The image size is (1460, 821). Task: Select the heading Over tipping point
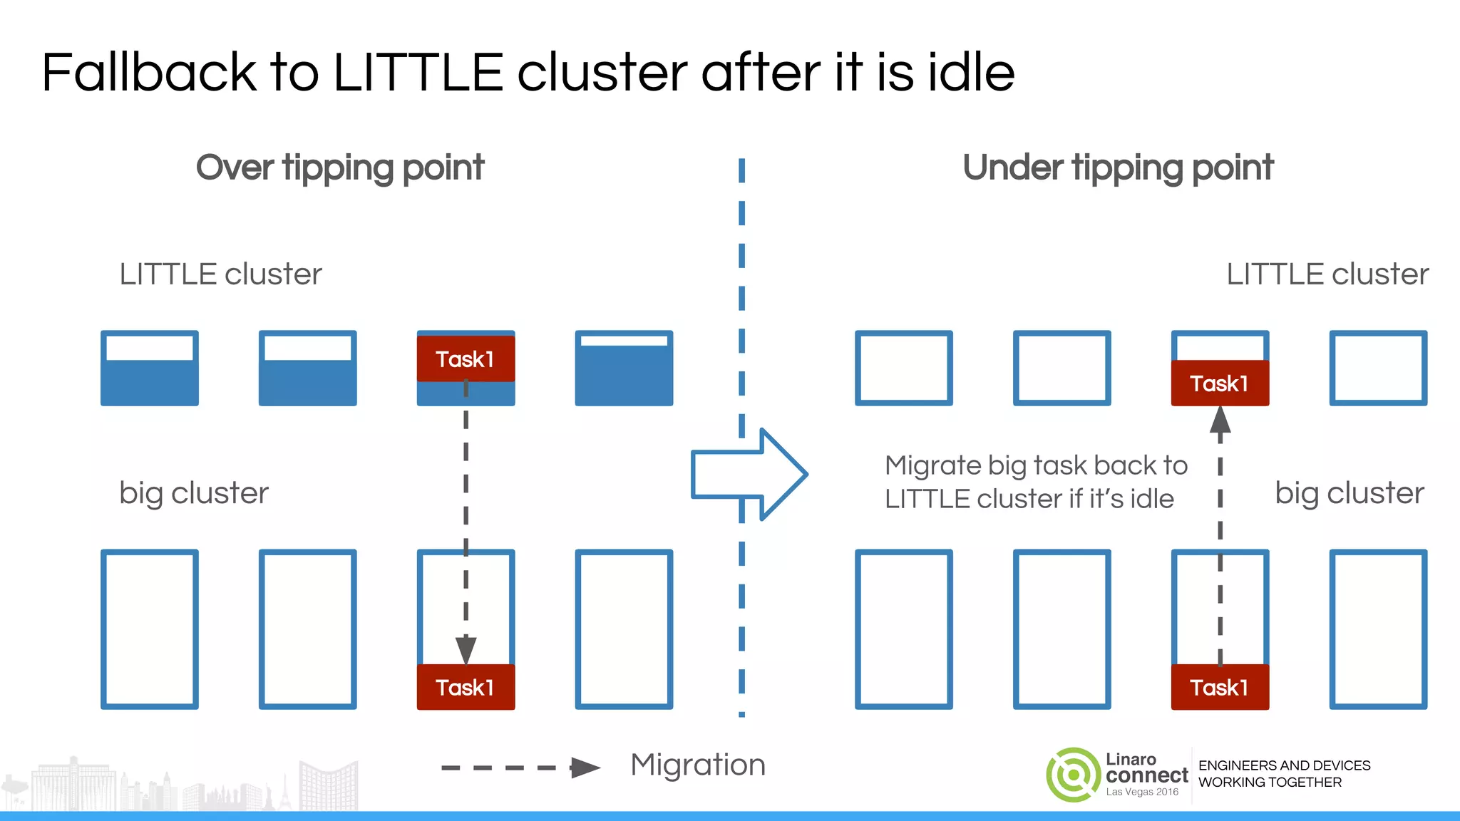[x=340, y=168]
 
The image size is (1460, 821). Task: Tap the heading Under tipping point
[x=1117, y=168]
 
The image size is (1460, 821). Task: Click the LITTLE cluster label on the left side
[x=220, y=274]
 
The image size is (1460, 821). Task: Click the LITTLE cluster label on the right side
[x=1327, y=274]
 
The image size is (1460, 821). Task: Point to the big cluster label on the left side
[x=193, y=493]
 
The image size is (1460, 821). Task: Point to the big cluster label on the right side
[x=1349, y=493]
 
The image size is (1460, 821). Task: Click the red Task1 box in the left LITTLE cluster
[x=466, y=359]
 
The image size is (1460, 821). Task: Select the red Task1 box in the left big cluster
[x=466, y=687]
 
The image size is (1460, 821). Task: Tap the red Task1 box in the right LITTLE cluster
[x=1220, y=383]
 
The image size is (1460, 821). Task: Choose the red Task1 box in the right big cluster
[x=1220, y=687]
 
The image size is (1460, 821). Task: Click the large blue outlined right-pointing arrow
[x=749, y=474]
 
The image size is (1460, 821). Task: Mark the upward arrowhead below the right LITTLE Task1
[x=1220, y=420]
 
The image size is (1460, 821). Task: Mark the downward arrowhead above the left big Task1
[x=466, y=649]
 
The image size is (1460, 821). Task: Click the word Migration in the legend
[x=698, y=765]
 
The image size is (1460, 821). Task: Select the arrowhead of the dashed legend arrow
[x=585, y=768]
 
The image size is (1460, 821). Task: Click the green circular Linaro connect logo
[x=1073, y=775]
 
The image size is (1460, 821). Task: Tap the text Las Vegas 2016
[x=1142, y=792]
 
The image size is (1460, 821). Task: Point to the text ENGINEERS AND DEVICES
[x=1284, y=765]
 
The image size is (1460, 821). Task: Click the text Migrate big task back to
[x=1036, y=465]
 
